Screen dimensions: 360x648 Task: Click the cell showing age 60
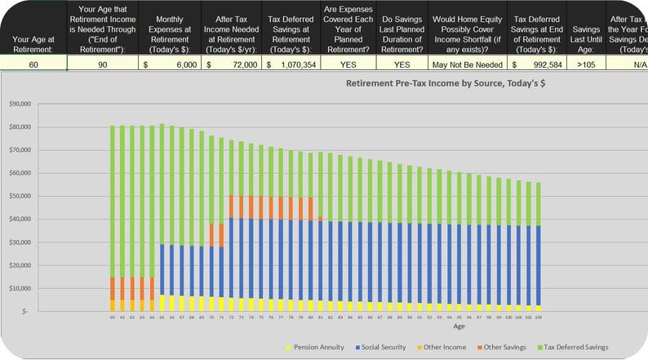33,64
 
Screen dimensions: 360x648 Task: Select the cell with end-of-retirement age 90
101,64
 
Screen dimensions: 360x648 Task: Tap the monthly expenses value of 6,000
169,64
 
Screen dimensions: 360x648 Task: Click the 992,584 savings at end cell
535,64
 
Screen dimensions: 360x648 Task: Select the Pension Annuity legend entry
319,347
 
